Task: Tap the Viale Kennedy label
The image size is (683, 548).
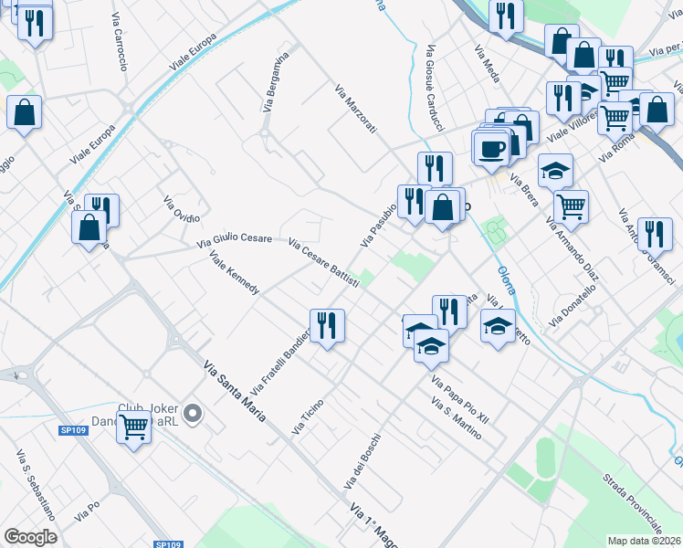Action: coord(235,271)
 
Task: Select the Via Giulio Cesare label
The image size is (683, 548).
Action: coord(235,240)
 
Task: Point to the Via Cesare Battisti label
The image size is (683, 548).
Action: coord(323,263)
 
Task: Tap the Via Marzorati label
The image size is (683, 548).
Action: coord(355,110)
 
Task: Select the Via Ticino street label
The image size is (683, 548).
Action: coord(308,416)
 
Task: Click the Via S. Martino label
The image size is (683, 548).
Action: coord(455,418)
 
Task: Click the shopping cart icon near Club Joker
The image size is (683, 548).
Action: coord(134,425)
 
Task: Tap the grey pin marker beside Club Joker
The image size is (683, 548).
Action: coord(192,415)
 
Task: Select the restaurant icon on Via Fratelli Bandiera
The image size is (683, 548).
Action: coord(327,325)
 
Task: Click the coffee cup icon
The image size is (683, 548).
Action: coord(490,146)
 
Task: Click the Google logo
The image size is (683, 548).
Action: coord(30,537)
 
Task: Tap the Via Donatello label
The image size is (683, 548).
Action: coord(573,307)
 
